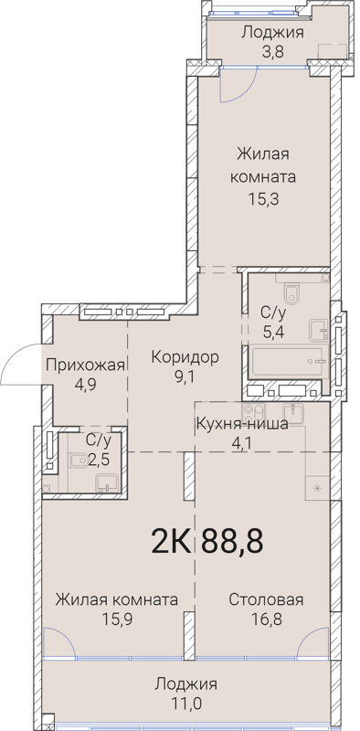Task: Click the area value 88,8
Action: click(x=233, y=541)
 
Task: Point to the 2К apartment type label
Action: click(x=171, y=541)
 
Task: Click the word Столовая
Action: click(x=266, y=599)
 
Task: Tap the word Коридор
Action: click(x=185, y=357)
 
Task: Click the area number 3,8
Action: click(x=272, y=51)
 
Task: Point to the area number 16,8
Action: click(x=266, y=620)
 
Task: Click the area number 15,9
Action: click(x=116, y=620)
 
